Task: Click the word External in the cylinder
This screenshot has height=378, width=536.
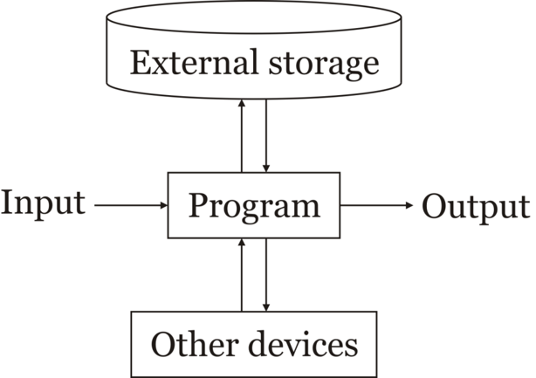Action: [x=184, y=64]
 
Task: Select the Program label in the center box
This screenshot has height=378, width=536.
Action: [x=255, y=207]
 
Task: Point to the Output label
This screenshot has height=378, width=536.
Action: [x=476, y=207]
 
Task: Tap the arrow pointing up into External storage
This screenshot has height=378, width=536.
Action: [x=242, y=135]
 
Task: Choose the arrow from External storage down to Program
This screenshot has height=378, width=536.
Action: [x=266, y=135]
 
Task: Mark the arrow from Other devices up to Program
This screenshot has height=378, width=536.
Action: [x=242, y=275]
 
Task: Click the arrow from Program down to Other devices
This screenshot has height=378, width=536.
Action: [x=266, y=275]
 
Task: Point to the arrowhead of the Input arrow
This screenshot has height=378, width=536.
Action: [x=162, y=206]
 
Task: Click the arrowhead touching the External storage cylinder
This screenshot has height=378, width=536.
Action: [x=242, y=105]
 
